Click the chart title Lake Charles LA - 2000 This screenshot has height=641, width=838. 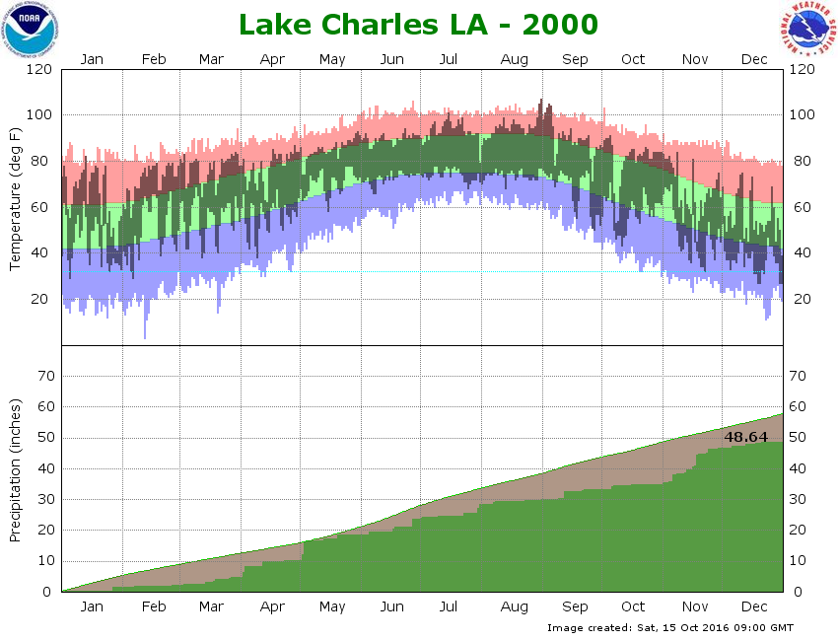pos(419,24)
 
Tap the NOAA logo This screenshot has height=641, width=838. pos(31,30)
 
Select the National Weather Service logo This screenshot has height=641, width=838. pos(808,30)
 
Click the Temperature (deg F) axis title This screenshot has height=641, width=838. pos(16,199)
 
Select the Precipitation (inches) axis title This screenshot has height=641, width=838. pos(16,469)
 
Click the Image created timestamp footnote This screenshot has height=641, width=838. pos(669,627)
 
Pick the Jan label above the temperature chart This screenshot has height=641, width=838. pos(92,59)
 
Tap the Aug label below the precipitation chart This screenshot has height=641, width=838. pos(514,606)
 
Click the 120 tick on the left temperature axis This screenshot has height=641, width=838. pos(38,69)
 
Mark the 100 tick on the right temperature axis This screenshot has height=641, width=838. pos(801,115)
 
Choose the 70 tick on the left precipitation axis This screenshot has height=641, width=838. pos(43,376)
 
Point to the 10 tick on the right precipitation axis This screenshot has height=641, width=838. pos(798,561)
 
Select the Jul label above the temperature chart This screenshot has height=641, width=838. pos(450,59)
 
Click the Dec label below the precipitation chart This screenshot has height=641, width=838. pos(754,606)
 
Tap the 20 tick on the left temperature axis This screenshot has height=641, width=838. pos(43,299)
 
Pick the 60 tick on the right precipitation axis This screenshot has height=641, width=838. pos(798,406)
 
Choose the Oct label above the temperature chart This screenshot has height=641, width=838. pos(633,59)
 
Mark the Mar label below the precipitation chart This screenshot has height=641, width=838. pos(211,606)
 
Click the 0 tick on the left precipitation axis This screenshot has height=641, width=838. pos(47,592)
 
